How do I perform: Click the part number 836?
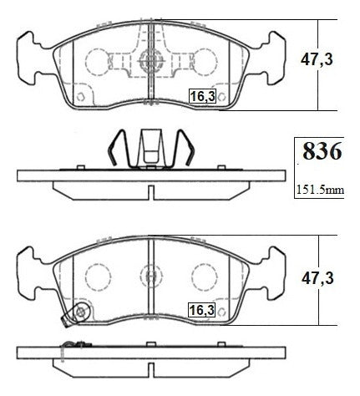click(322, 151)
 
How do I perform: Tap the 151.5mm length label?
click(320, 190)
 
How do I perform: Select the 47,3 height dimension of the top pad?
click(317, 59)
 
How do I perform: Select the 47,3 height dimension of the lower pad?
click(317, 278)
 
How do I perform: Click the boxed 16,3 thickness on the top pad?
click(202, 96)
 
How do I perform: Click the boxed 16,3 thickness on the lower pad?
click(202, 310)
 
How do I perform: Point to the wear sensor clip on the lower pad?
click(77, 314)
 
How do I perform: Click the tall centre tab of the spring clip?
click(151, 147)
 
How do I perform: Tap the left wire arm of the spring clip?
click(119, 148)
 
